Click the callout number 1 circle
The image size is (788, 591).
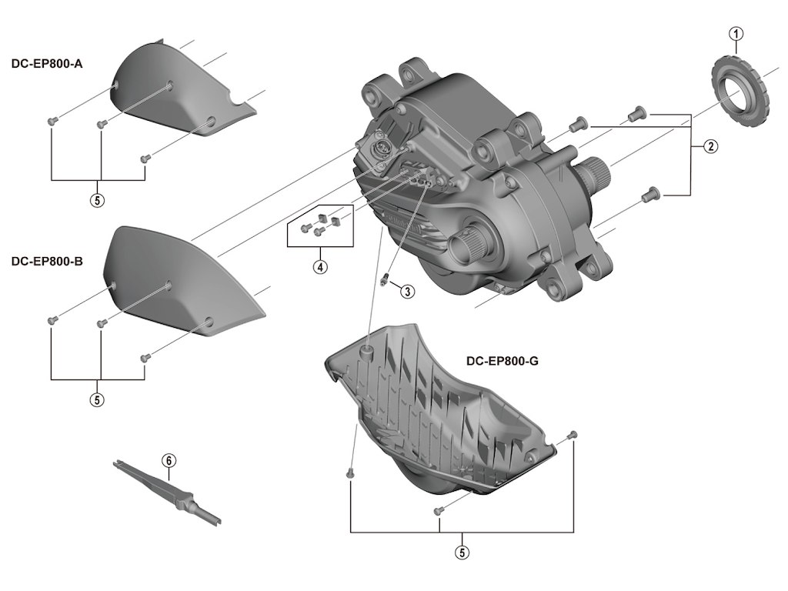coord(736,33)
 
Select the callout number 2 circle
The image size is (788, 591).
coord(710,146)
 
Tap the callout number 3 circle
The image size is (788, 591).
coord(407,291)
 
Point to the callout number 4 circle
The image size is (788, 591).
coord(320,267)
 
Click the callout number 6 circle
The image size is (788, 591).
coord(169,460)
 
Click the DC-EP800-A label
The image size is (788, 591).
coord(46,64)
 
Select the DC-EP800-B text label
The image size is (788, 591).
coord(46,261)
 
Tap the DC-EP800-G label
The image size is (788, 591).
coord(502,361)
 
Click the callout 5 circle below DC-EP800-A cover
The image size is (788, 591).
coord(97,199)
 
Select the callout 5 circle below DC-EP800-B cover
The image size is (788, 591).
coord(97,399)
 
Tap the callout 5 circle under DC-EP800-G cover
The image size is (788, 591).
coord(462,552)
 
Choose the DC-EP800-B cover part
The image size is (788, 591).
coord(177,281)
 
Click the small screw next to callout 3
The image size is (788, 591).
coord(384,280)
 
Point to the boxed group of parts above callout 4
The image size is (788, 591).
coord(319,224)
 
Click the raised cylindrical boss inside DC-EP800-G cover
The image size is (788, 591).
coord(367,352)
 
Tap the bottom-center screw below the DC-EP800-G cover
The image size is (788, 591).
coord(439,510)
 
